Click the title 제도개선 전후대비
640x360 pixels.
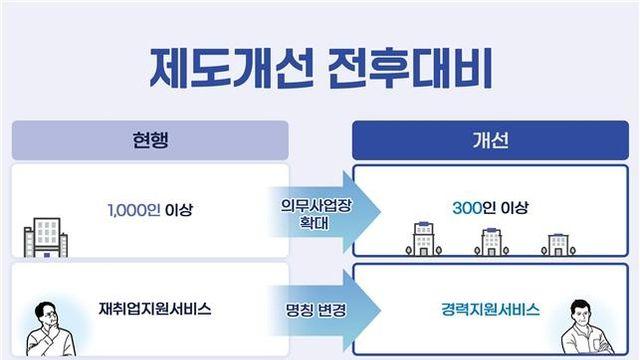pyautogui.click(x=321, y=68)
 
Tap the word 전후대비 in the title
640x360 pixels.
pyautogui.click(x=410, y=68)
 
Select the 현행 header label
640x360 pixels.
pyautogui.click(x=150, y=140)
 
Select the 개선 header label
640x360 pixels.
pyautogui.click(x=491, y=140)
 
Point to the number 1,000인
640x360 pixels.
pyautogui.click(x=134, y=210)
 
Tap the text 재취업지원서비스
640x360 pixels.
pyautogui.click(x=155, y=309)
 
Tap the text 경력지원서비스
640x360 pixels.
pyautogui.click(x=490, y=309)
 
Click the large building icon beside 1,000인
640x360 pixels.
pyautogui.click(x=46, y=238)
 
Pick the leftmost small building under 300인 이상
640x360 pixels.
pyautogui.click(x=424, y=239)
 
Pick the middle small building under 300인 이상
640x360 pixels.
pyautogui.click(x=491, y=242)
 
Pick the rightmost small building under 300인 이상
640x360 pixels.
pyautogui.click(x=558, y=245)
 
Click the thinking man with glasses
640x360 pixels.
pyautogui.click(x=50, y=329)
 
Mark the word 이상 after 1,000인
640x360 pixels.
pyautogui.click(x=178, y=210)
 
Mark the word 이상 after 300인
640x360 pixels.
pyautogui.click(x=514, y=208)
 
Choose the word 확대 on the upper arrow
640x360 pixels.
pyautogui.click(x=314, y=223)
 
